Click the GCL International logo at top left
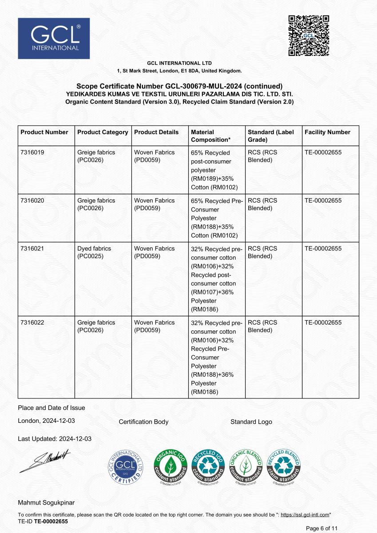pyautogui.click(x=54, y=38)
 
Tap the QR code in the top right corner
pyautogui.click(x=309, y=36)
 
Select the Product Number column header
pyautogui.click(x=44, y=132)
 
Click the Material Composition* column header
pyautogui.click(x=210, y=136)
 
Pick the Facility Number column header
pyautogui.click(x=327, y=132)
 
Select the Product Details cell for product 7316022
pyautogui.click(x=154, y=326)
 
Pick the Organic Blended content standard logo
pyautogui.click(x=246, y=468)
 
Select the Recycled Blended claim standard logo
pyautogui.click(x=283, y=468)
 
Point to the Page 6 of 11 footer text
pyautogui.click(x=322, y=528)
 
